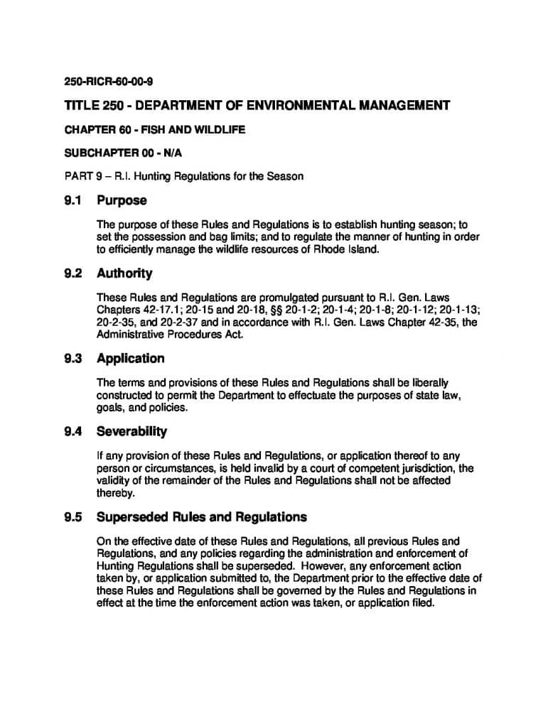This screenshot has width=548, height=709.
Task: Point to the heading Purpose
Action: pyautogui.click(x=122, y=200)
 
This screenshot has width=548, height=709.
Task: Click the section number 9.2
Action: pyautogui.click(x=73, y=273)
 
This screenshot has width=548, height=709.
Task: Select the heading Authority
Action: pyautogui.click(x=124, y=273)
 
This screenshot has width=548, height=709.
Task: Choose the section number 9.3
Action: pyautogui.click(x=73, y=358)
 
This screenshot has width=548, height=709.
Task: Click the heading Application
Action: pyautogui.click(x=130, y=358)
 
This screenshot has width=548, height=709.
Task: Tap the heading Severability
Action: pyautogui.click(x=131, y=431)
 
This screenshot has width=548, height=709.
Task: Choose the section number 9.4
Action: pyautogui.click(x=73, y=431)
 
